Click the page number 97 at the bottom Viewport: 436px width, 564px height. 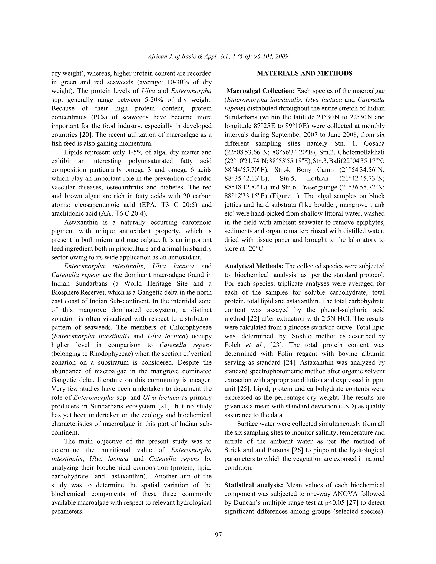218,534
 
